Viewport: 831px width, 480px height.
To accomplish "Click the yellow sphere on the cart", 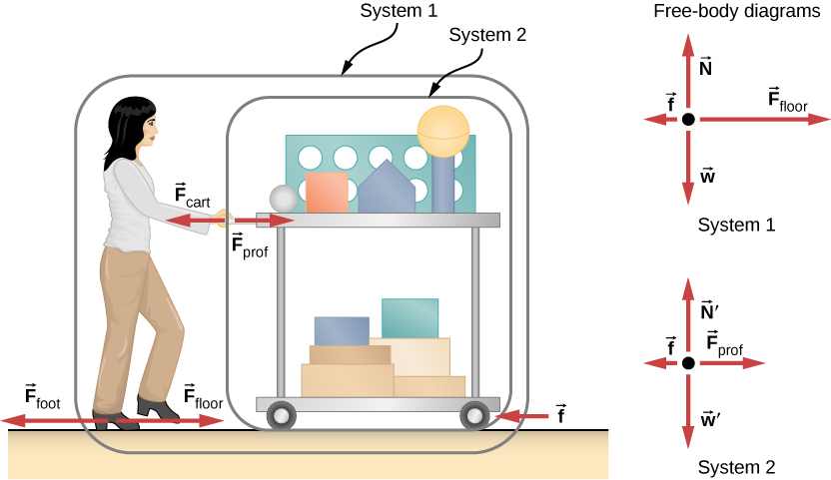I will [x=441, y=130].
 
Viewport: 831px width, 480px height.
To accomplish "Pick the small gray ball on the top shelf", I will [x=284, y=199].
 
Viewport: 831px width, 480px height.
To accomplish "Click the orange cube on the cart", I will [x=326, y=192].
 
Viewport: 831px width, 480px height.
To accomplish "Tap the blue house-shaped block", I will [x=387, y=190].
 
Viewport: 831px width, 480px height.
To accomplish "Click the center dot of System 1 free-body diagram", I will [x=687, y=119].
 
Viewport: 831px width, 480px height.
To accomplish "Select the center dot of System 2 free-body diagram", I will [x=687, y=364].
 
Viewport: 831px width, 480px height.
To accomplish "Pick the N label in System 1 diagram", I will [x=705, y=71].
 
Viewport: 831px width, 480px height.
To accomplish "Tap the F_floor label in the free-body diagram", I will [x=787, y=98].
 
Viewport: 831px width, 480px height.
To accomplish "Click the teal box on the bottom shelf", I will [x=410, y=318].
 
